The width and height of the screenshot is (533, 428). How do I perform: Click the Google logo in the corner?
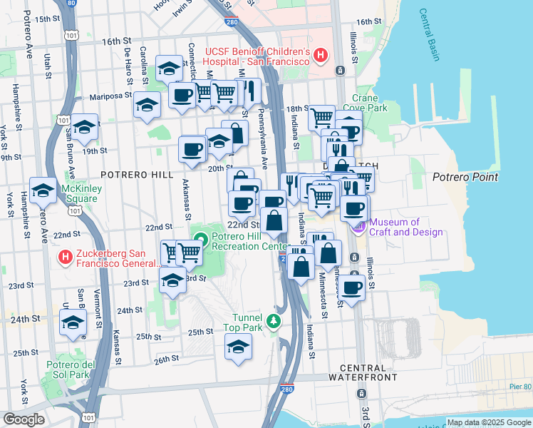coord(23,419)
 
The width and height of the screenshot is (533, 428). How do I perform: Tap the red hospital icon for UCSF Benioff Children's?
coord(321,54)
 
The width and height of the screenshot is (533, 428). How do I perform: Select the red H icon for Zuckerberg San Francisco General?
coord(66,256)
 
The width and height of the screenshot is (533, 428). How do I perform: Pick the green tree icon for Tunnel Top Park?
coord(274,323)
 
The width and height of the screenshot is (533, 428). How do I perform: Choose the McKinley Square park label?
coord(81,194)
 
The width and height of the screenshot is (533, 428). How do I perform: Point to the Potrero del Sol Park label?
coord(71,370)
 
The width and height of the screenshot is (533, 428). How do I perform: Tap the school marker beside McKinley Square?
coord(43,190)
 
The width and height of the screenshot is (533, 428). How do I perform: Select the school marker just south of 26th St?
coord(239,347)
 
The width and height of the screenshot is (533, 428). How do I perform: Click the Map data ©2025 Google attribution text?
coord(488,422)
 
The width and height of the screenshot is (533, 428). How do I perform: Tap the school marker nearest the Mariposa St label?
coord(148,106)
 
